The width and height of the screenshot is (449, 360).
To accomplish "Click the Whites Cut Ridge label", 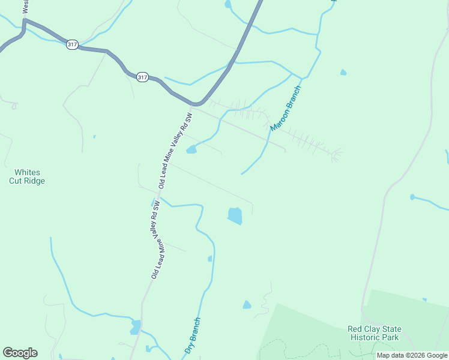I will coord(26,176).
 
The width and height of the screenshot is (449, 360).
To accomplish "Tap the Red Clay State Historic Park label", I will coord(375,333).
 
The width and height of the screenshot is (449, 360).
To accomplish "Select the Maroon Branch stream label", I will coord(285,109).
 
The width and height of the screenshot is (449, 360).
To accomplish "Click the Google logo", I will coord(20,353).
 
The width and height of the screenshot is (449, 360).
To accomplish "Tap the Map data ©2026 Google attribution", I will coord(412,356).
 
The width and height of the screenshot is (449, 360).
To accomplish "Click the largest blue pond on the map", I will coord(235,216).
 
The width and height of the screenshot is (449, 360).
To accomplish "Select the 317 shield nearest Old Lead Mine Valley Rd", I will coord(142,77).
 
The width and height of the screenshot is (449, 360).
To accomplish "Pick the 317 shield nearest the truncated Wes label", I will coord(72,45).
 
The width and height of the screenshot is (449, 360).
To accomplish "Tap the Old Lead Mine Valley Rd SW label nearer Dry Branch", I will coord(156,240).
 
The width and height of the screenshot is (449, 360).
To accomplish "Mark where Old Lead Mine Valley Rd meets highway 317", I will coord(193,104).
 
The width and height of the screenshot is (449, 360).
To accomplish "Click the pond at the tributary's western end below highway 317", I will coord(191,149).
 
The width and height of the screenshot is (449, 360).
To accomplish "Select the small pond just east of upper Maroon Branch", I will coord(343,73).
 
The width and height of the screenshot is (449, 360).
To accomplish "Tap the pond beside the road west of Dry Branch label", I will coord(136,327).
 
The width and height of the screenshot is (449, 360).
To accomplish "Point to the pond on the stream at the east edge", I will coord(412,197).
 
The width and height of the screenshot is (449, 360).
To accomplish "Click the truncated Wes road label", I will coord(26,7).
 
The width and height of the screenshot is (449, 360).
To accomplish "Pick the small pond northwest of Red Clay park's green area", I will coord(247,305).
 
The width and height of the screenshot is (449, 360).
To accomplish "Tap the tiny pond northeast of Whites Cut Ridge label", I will coord(94,137).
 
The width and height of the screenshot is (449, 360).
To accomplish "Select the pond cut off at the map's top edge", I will coord(228,4).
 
